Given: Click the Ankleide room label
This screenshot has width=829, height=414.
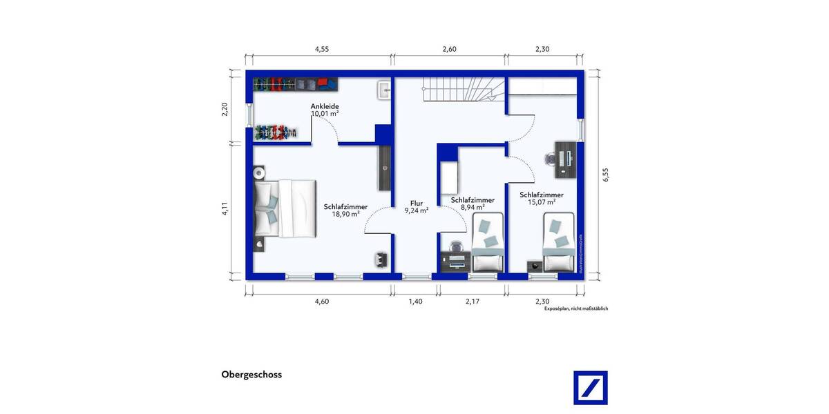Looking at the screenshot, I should [x=325, y=106].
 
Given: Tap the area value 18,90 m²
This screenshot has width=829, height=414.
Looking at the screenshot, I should [x=345, y=214].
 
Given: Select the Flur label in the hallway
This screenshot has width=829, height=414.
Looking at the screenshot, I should [x=416, y=204].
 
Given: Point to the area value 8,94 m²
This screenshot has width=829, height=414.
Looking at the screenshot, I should [x=473, y=207].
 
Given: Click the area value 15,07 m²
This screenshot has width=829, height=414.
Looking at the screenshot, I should [x=542, y=202].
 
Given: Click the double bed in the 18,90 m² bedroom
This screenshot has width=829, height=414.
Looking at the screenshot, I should [x=283, y=208].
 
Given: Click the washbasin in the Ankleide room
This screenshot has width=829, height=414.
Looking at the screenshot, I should [x=384, y=90].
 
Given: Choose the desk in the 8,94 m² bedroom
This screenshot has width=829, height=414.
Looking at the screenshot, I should [x=456, y=261].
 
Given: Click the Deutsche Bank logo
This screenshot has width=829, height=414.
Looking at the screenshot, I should [x=591, y=388].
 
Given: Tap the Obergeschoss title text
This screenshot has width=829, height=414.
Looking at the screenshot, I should [x=251, y=375].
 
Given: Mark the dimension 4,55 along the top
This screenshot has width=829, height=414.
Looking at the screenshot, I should [x=322, y=49].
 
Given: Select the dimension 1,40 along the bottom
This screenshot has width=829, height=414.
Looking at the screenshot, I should [x=416, y=302].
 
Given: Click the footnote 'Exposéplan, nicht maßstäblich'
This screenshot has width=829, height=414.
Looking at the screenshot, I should [x=575, y=309].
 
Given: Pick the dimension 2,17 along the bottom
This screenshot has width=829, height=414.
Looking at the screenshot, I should [x=473, y=302].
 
